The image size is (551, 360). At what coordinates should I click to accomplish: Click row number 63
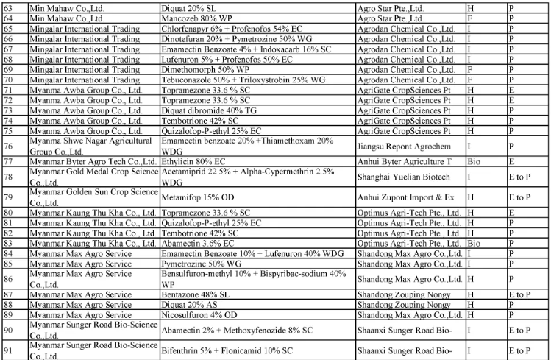coord(8,7)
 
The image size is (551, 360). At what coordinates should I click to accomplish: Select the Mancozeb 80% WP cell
coord(197,18)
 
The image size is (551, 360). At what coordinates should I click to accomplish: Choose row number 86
coord(8,279)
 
